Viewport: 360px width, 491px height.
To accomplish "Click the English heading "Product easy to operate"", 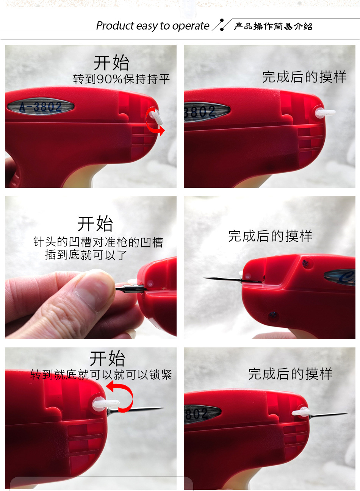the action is [153, 26].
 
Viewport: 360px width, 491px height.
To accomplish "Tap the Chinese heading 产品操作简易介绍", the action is [273, 26].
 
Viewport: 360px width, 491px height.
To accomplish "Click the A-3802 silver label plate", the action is [41, 106].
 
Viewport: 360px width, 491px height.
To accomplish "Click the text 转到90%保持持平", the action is [122, 79].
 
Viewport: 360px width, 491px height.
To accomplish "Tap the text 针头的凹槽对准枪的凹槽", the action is [98, 242].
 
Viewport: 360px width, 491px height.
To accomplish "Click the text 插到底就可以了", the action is [86, 255].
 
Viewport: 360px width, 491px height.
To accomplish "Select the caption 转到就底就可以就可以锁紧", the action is [101, 375].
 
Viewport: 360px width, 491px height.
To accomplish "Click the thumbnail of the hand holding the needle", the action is [91, 267].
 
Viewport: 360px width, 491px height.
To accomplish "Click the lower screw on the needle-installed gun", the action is [273, 315].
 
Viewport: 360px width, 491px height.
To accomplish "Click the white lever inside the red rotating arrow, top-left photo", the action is [156, 117].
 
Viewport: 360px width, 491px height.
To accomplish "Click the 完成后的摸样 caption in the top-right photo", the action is [304, 77].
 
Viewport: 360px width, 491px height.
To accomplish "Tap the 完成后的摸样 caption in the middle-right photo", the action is [270, 236].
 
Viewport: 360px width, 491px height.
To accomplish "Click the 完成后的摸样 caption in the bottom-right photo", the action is [290, 374].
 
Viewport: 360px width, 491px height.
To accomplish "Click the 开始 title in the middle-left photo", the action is [95, 224].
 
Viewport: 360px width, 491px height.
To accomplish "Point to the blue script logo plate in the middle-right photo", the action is [340, 277].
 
